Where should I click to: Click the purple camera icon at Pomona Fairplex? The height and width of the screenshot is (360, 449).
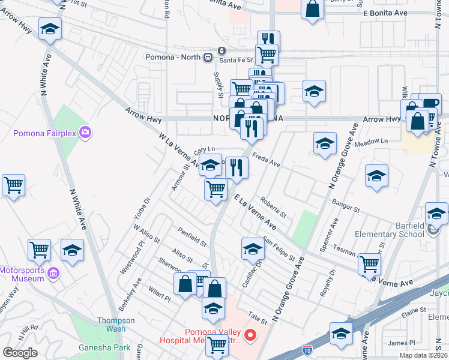85,131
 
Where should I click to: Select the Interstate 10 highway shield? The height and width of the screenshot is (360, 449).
307,348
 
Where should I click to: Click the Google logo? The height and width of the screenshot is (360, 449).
20,352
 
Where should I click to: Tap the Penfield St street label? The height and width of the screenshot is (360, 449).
191,238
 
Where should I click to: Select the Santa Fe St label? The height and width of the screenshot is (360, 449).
235,58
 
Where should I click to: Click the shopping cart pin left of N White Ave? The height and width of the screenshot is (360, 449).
13,186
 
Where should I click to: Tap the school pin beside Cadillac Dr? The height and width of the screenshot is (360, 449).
253,248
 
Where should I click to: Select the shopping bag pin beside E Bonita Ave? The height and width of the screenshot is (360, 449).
313,10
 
